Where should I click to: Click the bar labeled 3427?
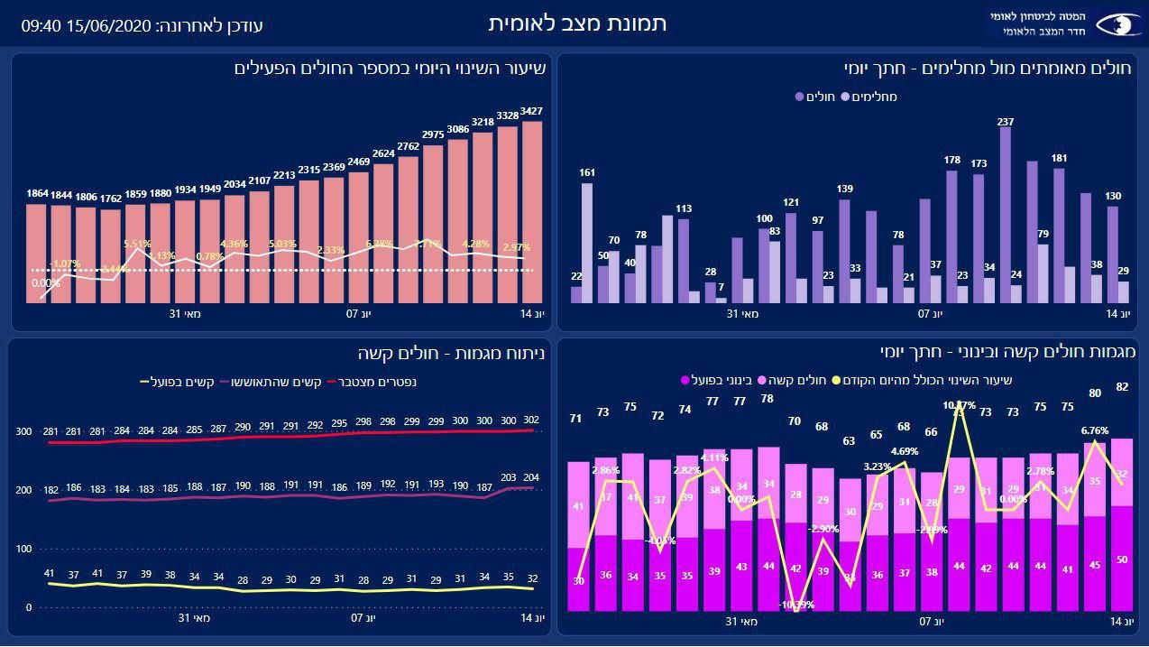532,212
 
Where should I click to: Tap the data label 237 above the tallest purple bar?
1006,122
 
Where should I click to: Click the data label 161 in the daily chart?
586,172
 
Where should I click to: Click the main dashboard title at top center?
577,23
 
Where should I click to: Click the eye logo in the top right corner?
1117,24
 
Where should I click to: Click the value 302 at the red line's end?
532,420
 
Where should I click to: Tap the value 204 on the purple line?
532,477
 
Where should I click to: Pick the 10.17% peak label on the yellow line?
960,407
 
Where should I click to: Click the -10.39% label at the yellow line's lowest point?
795,604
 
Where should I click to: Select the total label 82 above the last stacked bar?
1122,387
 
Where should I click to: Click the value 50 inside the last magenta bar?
1122,559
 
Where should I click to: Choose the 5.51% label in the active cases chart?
137,244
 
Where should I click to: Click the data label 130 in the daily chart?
1113,196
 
